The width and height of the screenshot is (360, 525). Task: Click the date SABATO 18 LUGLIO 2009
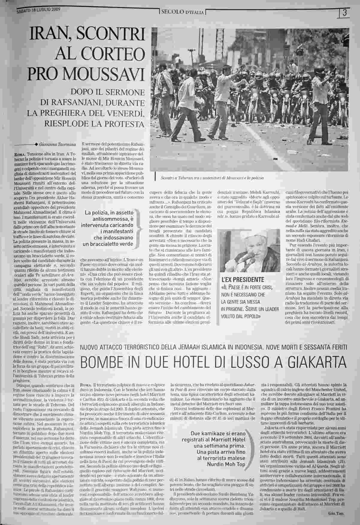(39, 10)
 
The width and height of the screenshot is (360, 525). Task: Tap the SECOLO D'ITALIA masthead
(182, 12)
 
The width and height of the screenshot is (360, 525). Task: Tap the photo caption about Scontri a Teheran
(212, 178)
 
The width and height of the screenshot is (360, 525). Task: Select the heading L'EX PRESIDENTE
(243, 280)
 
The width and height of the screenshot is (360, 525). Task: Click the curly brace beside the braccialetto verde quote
(139, 229)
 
